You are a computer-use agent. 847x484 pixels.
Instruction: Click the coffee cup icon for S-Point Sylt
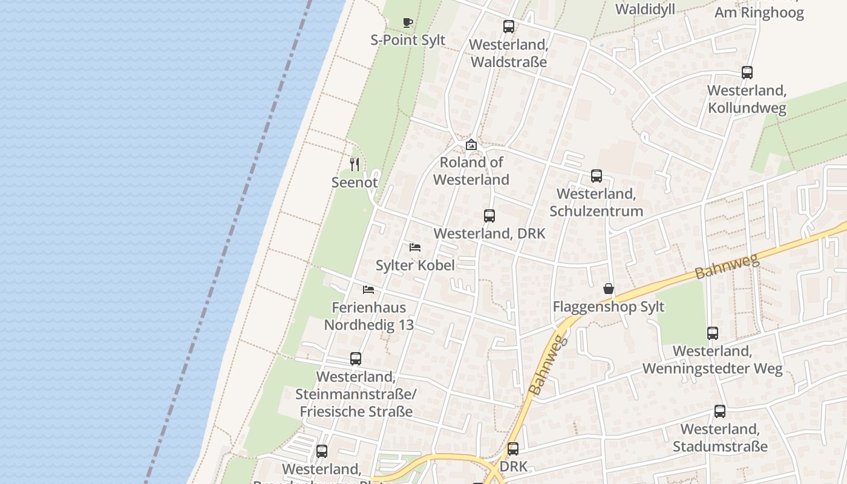[408, 22]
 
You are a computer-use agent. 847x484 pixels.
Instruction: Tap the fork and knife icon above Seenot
[355, 164]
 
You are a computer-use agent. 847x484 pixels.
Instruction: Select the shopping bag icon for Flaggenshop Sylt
[609, 289]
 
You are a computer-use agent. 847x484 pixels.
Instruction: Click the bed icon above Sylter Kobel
[415, 247]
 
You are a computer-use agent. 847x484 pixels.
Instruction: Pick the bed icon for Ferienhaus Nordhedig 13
[368, 289]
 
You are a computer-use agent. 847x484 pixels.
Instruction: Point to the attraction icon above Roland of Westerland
[471, 145]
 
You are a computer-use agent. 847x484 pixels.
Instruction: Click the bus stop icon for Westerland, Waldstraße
[509, 27]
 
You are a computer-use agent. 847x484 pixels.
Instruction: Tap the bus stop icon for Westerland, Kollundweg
[747, 73]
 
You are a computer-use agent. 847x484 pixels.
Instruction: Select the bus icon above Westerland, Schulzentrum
[597, 176]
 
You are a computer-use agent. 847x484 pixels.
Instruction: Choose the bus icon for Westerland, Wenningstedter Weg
[713, 333]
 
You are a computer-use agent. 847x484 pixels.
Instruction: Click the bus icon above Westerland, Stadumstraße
[720, 411]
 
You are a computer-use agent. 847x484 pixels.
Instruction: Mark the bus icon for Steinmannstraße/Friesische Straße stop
[356, 359]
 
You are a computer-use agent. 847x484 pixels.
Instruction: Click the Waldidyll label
[645, 9]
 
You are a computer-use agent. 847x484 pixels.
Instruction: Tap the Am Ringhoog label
[759, 13]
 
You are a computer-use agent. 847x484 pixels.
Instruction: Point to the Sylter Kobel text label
[415, 265]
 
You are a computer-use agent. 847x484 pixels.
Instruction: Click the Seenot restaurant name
[355, 182]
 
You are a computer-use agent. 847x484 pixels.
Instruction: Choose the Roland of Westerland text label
[471, 171]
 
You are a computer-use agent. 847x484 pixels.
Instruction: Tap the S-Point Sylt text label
[408, 40]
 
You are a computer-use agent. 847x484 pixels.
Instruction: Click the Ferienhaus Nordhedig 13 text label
[368, 316]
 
